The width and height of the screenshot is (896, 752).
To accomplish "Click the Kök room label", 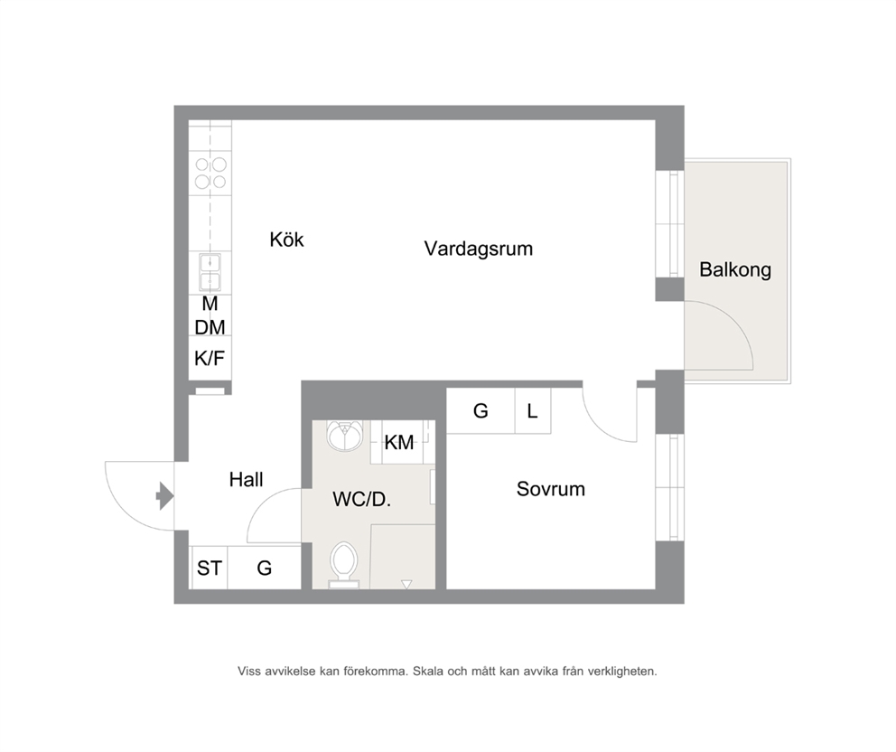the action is click(286, 239).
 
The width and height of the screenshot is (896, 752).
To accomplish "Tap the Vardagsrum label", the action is click(479, 249).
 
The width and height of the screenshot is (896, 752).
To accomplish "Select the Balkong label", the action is click(735, 269).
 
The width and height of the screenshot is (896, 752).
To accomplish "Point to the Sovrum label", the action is click(550, 489).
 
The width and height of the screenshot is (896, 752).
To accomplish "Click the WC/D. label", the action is click(361, 499).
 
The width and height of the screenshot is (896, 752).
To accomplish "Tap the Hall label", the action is click(246, 479).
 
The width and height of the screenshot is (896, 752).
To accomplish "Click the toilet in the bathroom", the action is click(344, 564).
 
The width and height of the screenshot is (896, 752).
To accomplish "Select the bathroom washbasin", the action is click(344, 436).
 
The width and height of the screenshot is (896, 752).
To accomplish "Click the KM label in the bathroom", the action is click(399, 442).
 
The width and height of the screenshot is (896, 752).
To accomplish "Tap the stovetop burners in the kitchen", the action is click(210, 174).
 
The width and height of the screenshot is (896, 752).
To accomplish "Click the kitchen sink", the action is click(210, 272).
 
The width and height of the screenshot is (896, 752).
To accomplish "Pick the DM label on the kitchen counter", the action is click(210, 327).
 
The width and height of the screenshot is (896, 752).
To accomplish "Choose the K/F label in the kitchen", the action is click(210, 359).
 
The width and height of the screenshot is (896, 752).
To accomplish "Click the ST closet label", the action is click(210, 568).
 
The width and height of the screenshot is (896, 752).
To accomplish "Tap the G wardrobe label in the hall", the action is click(264, 568).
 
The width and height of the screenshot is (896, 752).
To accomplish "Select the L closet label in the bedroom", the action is click(532, 410).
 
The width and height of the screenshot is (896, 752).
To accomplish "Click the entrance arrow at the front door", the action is click(164, 496).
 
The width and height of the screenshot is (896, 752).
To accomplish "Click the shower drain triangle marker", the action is click(406, 585).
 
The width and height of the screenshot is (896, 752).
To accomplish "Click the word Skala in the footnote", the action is click(428, 671).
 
